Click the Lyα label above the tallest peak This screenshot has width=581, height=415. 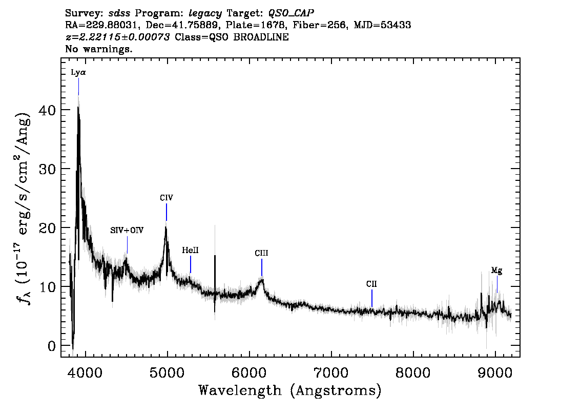point(78,72)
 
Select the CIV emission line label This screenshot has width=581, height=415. point(167,198)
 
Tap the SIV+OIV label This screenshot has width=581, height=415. point(127,231)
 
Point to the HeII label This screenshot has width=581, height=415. point(190,250)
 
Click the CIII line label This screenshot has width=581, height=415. point(261,253)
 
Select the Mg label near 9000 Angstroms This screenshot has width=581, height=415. point(496,271)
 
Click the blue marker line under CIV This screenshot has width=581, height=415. point(167,212)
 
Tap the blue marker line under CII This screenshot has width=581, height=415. point(372,298)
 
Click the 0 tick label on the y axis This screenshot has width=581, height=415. point(51,345)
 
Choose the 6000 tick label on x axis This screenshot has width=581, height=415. point(249,370)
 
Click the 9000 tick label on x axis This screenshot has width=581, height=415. point(495,370)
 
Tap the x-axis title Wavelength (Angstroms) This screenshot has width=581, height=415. point(290,390)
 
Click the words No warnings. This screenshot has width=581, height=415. point(99,49)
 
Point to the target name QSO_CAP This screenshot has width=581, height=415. point(291,12)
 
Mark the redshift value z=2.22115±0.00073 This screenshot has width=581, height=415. point(118,37)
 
